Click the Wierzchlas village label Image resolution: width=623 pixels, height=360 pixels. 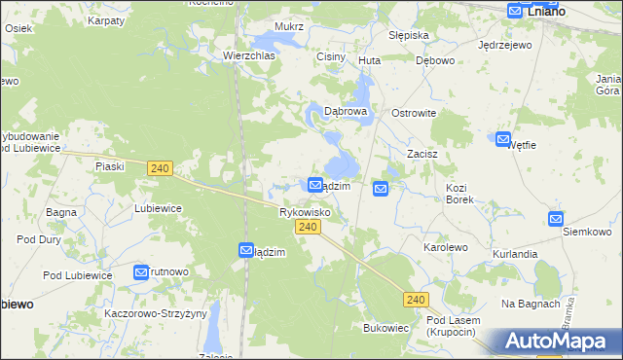point(249,56)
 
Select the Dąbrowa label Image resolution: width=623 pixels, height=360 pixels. point(345,112)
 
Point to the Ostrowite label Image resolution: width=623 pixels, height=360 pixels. point(413,113)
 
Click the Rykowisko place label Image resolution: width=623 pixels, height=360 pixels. point(305,211)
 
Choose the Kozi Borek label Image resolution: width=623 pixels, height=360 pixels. point(458,193)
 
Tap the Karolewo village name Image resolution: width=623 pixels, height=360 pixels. point(446,248)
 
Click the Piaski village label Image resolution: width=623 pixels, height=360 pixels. point(110,166)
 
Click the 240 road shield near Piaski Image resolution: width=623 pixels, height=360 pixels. point(161,168)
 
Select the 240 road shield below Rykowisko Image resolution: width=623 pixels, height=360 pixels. point(307,227)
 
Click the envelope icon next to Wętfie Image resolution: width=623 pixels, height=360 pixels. point(503,140)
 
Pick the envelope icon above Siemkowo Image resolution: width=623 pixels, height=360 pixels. point(556,220)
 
